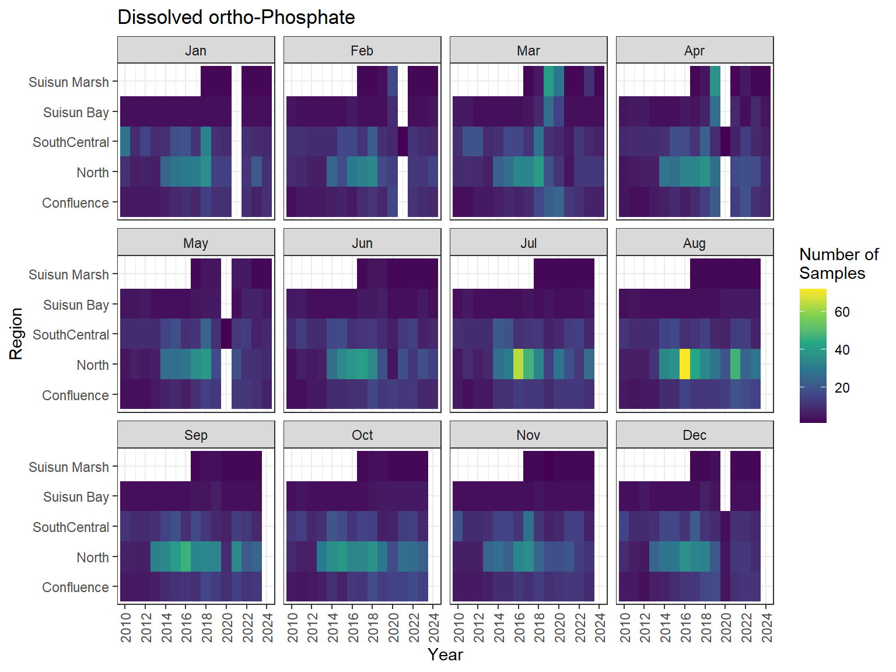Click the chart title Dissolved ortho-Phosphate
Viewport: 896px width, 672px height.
[236, 17]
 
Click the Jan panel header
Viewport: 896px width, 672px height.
[195, 51]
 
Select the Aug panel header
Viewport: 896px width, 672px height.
[694, 243]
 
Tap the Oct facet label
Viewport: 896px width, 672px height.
[362, 435]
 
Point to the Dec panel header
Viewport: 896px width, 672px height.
[694, 435]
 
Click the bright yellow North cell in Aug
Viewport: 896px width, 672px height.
[685, 365]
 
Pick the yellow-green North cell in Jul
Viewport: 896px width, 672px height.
[518, 365]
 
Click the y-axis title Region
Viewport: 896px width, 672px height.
[16, 334]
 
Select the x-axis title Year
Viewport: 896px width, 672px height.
[445, 654]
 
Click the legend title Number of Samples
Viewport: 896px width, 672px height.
[838, 264]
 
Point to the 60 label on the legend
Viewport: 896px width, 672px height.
[842, 312]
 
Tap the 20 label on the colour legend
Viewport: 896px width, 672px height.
[842, 388]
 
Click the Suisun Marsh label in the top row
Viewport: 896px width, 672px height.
[69, 82]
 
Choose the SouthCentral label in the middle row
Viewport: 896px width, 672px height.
[71, 335]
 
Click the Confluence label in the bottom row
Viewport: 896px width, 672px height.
[75, 587]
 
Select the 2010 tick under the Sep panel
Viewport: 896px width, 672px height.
[126, 627]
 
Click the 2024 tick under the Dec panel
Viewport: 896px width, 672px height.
[767, 627]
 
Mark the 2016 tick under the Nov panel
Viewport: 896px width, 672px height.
[519, 627]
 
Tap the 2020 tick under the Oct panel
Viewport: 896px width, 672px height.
[394, 627]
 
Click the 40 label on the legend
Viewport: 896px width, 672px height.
[842, 350]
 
